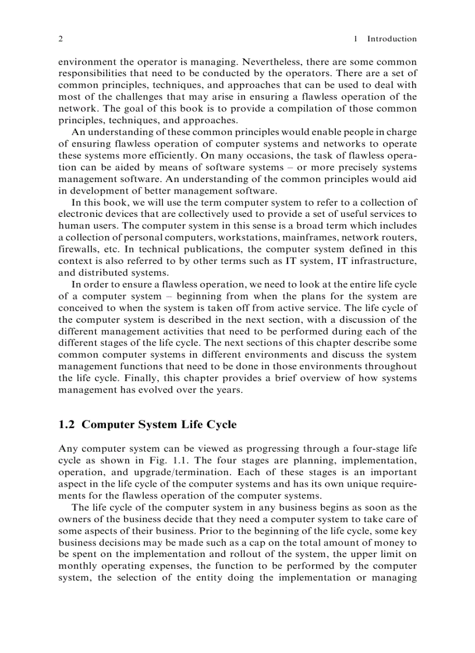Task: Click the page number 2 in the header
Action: pyautogui.click(x=61, y=39)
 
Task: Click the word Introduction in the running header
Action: pyautogui.click(x=392, y=39)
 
